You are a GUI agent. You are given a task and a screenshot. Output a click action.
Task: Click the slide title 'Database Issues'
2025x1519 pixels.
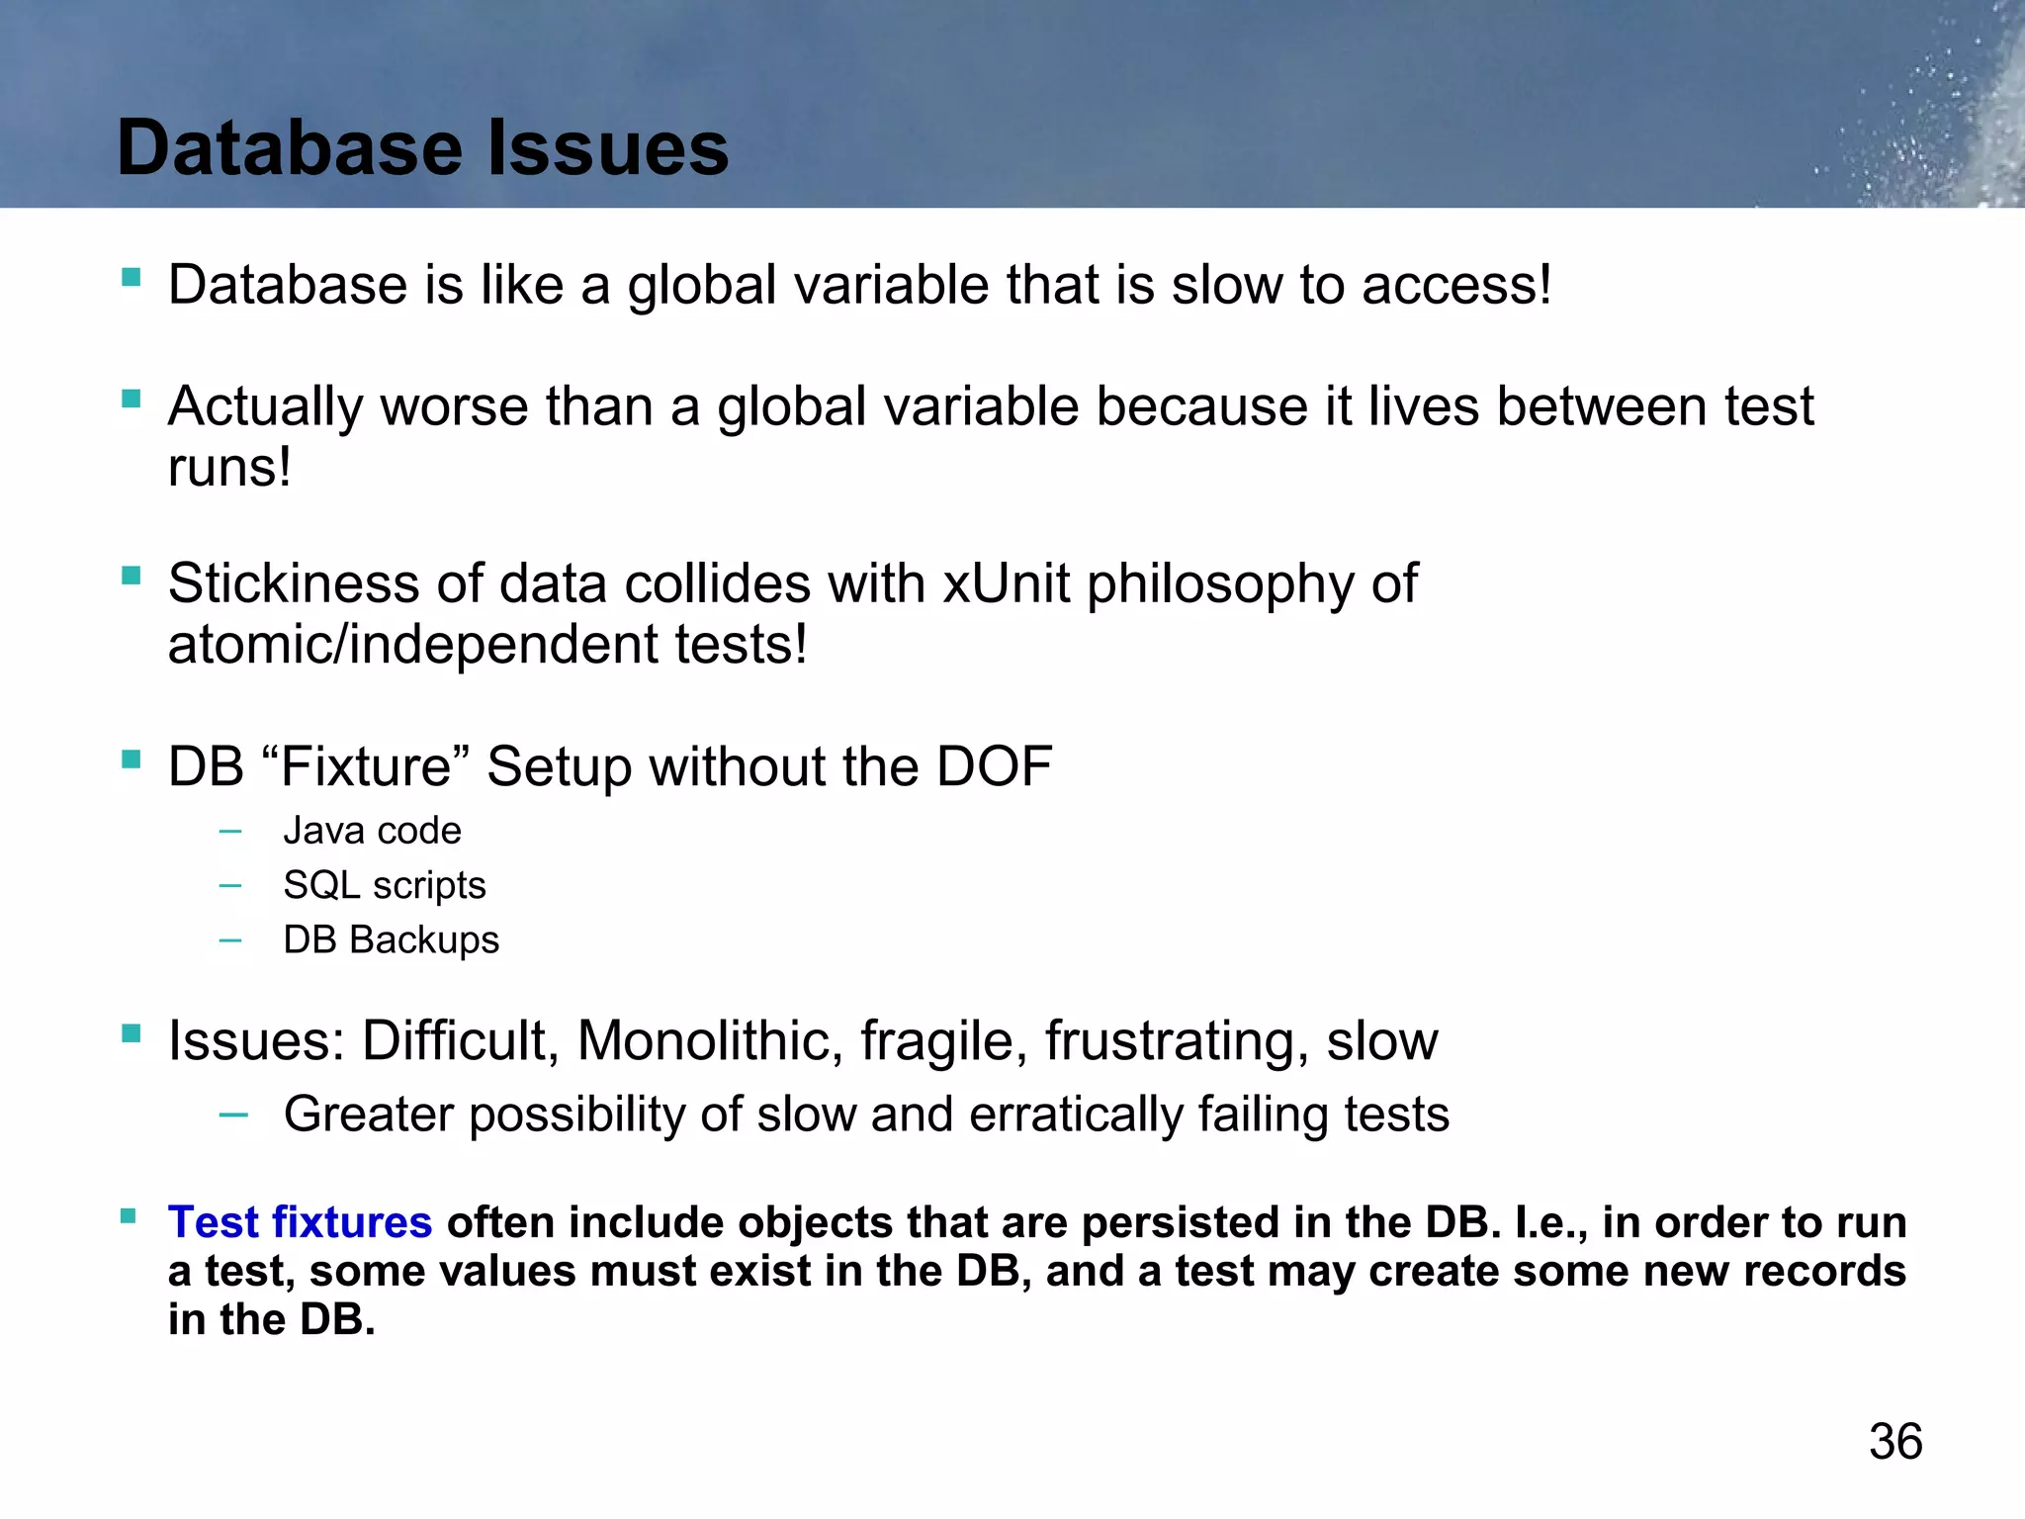tap(422, 148)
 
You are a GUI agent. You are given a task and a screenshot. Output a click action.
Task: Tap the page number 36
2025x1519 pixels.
tap(1894, 1442)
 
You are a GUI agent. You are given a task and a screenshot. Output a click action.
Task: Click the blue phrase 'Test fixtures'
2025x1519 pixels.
tap(300, 1222)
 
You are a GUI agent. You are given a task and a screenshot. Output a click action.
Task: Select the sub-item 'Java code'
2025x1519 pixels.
tap(372, 831)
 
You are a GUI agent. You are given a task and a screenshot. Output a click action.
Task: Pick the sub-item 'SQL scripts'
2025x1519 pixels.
tap(385, 885)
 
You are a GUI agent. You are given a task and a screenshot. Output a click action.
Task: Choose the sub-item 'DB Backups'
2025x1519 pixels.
tap(391, 939)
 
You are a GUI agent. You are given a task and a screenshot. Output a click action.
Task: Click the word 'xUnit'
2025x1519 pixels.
tap(1006, 583)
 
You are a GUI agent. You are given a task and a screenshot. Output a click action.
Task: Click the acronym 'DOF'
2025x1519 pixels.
tap(994, 766)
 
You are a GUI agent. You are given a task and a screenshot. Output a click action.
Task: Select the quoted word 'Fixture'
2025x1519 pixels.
tap(367, 766)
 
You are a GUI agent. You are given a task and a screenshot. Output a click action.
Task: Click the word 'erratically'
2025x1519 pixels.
tap(1076, 1115)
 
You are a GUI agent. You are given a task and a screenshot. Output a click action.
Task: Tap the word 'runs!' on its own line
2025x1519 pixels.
tap(229, 468)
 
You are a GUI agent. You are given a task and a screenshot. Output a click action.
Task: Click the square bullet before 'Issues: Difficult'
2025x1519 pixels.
tap(131, 1033)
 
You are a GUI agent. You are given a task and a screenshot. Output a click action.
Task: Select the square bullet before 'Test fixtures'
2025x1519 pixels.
tap(129, 1215)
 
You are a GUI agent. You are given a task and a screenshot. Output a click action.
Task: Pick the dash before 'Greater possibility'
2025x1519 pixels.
tap(233, 1116)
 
